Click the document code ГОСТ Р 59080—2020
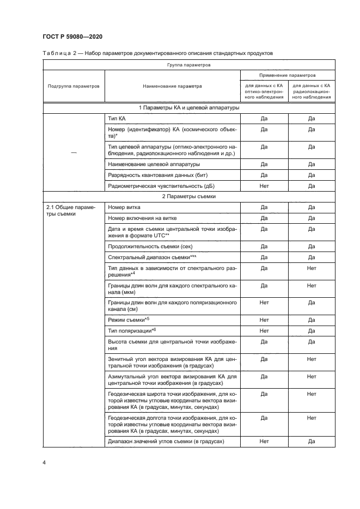click(72, 36)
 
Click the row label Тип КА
click(118, 118)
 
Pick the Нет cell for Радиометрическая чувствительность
click(264, 186)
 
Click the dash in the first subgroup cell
click(74, 153)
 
